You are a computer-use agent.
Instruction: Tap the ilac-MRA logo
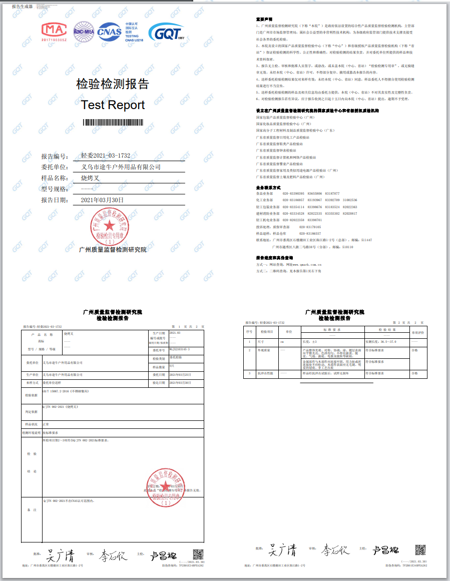pos(84,31)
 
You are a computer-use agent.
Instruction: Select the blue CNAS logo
pos(110,32)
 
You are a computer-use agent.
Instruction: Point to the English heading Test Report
pos(113,105)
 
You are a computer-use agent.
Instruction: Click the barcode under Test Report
pos(113,122)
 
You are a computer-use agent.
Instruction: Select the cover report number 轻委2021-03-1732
pos(106,156)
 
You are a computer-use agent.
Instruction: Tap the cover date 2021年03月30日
pos(102,200)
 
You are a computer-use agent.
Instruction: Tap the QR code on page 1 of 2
pos(198,554)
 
